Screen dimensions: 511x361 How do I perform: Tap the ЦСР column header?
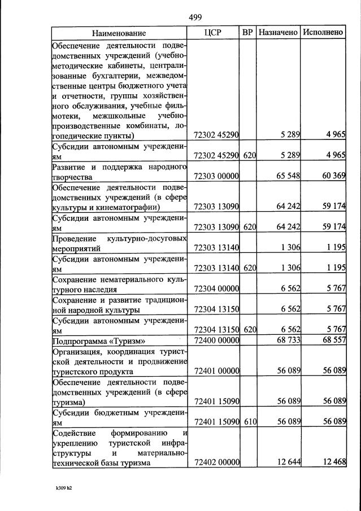212,33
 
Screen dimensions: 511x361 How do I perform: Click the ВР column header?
247,33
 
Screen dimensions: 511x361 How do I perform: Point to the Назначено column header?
278,33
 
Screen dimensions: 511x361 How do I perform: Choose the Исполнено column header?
323,33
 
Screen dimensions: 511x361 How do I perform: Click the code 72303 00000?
216,177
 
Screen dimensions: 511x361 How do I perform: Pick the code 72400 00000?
216,342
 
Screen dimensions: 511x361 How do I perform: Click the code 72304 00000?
216,289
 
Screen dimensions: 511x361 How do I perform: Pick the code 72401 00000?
216,372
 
